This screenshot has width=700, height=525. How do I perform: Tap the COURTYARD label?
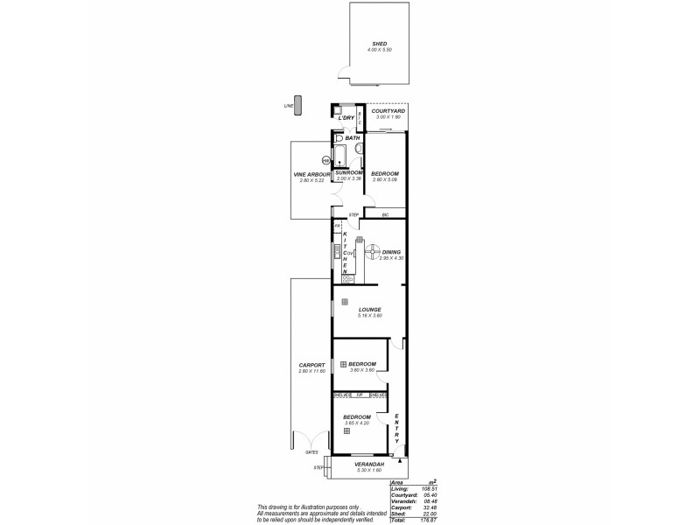387,111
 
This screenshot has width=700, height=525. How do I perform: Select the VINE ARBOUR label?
311,174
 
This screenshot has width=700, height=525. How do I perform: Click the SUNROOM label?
349,173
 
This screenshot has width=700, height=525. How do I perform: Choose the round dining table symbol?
371,251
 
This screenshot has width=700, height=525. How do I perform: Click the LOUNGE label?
368,309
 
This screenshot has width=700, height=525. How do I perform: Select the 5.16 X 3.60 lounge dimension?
368,315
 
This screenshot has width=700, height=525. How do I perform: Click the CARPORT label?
311,365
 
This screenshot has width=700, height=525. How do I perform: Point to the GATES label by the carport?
311,452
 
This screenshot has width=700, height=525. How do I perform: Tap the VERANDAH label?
368,464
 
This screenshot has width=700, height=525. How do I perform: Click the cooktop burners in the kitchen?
335,279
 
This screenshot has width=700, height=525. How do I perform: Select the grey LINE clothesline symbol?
297,105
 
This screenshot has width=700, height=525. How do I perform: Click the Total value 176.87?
428,520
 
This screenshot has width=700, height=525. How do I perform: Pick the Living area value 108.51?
428,488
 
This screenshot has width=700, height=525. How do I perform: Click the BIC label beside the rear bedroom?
384,214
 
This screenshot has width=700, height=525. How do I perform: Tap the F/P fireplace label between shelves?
360,395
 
